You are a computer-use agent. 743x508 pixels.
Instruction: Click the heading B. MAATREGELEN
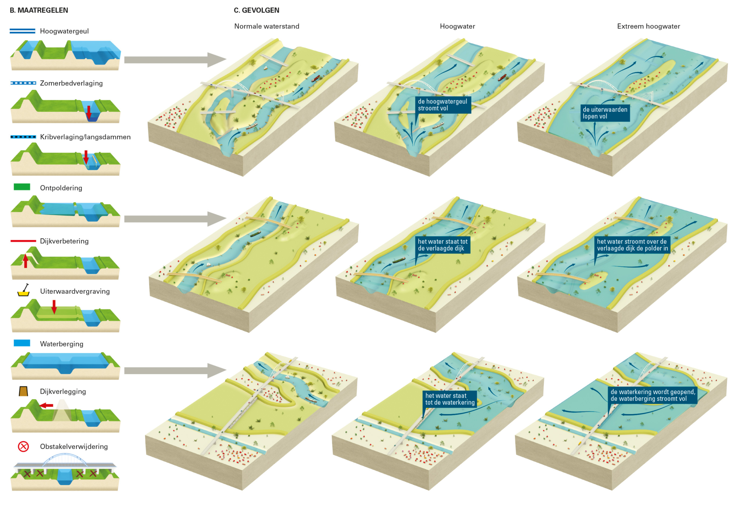(x=39, y=10)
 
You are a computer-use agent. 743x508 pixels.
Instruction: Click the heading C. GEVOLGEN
(x=256, y=10)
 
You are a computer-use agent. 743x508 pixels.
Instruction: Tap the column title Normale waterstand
(x=267, y=26)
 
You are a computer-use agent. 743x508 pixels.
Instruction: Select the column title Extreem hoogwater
(x=648, y=26)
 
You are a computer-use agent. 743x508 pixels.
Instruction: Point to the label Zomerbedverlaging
(x=71, y=83)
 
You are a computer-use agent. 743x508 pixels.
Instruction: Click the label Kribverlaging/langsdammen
(x=85, y=137)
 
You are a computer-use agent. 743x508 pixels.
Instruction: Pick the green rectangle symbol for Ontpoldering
(x=22, y=187)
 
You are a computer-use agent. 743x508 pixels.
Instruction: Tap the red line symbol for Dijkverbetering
(x=23, y=241)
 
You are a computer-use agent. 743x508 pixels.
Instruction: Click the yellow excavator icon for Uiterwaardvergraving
(x=24, y=290)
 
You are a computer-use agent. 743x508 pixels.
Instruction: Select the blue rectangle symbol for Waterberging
(x=22, y=343)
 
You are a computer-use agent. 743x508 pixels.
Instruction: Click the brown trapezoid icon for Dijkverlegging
(x=23, y=391)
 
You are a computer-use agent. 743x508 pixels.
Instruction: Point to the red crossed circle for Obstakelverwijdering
(x=23, y=446)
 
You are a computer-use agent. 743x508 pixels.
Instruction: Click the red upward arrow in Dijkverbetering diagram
(x=25, y=261)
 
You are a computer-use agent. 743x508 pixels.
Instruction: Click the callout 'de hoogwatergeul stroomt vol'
(x=443, y=105)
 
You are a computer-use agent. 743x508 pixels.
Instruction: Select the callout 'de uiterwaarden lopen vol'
(x=605, y=113)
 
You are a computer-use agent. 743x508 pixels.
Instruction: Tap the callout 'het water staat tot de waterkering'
(x=450, y=399)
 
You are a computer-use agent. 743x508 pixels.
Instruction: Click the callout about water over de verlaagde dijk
(x=632, y=245)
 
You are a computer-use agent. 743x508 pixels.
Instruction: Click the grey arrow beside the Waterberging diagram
(x=175, y=370)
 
